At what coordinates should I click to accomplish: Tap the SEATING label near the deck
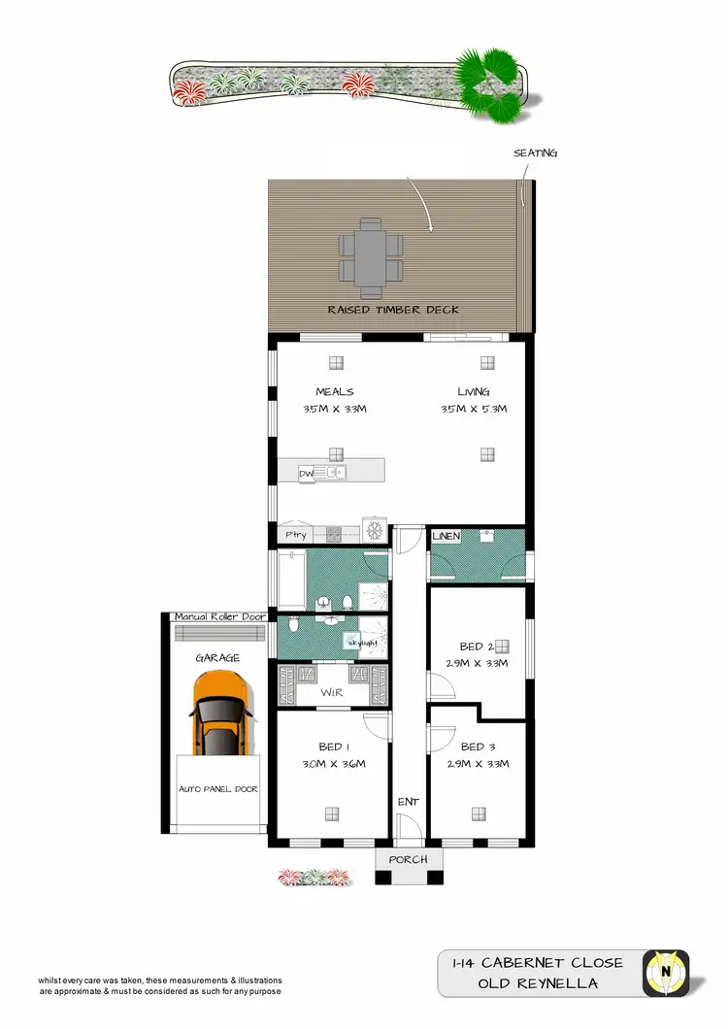click(536, 153)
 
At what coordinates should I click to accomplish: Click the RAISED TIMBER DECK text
click(393, 310)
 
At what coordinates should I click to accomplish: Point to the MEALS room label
click(334, 392)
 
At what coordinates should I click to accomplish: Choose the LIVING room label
click(474, 392)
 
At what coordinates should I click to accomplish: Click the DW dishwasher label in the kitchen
click(307, 473)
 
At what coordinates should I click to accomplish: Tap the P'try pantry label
click(295, 535)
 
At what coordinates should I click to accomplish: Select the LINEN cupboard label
click(446, 536)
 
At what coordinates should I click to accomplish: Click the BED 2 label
click(478, 647)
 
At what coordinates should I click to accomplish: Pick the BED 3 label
click(479, 747)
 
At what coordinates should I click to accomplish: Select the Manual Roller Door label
click(219, 617)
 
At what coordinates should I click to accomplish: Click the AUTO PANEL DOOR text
click(218, 789)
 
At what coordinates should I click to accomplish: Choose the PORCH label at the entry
click(409, 860)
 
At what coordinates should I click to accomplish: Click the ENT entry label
click(409, 802)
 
